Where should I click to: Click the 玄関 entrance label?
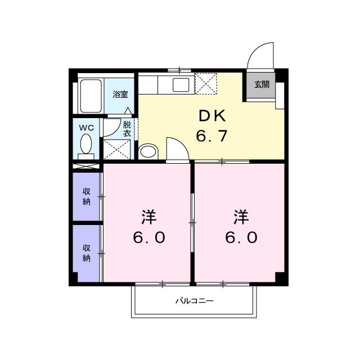(262, 85)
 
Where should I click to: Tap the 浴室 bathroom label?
(120, 94)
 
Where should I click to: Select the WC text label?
(86, 128)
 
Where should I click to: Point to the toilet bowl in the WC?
(86, 143)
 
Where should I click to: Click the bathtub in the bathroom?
(91, 96)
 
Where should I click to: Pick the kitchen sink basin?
(181, 85)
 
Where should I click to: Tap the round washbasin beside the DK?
(148, 151)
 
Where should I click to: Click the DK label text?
(212, 116)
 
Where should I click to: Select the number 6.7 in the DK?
(211, 136)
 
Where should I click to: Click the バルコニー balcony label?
(195, 300)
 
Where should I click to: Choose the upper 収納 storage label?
(86, 196)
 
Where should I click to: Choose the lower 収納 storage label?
(86, 253)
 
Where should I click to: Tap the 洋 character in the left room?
(148, 217)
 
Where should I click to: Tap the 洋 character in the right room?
(241, 217)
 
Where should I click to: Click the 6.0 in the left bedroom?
(149, 237)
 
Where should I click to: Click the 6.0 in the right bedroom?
(241, 237)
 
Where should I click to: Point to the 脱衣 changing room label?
(127, 129)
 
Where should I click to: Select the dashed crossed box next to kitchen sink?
(206, 84)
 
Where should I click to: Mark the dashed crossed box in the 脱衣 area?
(117, 150)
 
